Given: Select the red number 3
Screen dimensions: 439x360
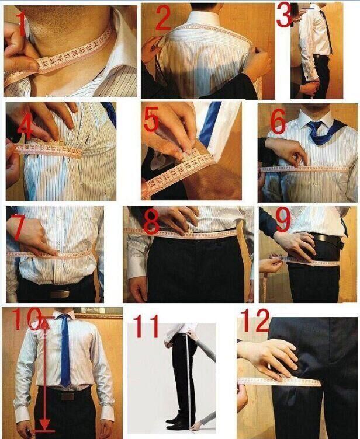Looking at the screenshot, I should pyautogui.click(x=285, y=16).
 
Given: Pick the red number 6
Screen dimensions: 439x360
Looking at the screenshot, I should pyautogui.click(x=278, y=122).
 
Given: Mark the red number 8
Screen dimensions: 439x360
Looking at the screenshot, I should pyautogui.click(x=151, y=222).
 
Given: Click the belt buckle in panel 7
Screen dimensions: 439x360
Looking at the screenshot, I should pyautogui.click(x=59, y=294).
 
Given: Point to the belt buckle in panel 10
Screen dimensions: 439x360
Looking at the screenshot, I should pyautogui.click(x=67, y=396).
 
